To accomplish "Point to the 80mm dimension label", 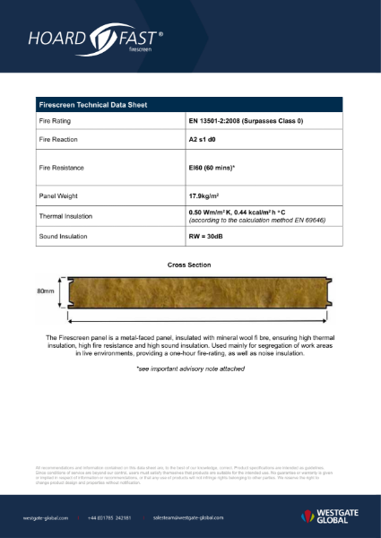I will (45, 291).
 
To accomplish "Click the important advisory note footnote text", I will (189, 369).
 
